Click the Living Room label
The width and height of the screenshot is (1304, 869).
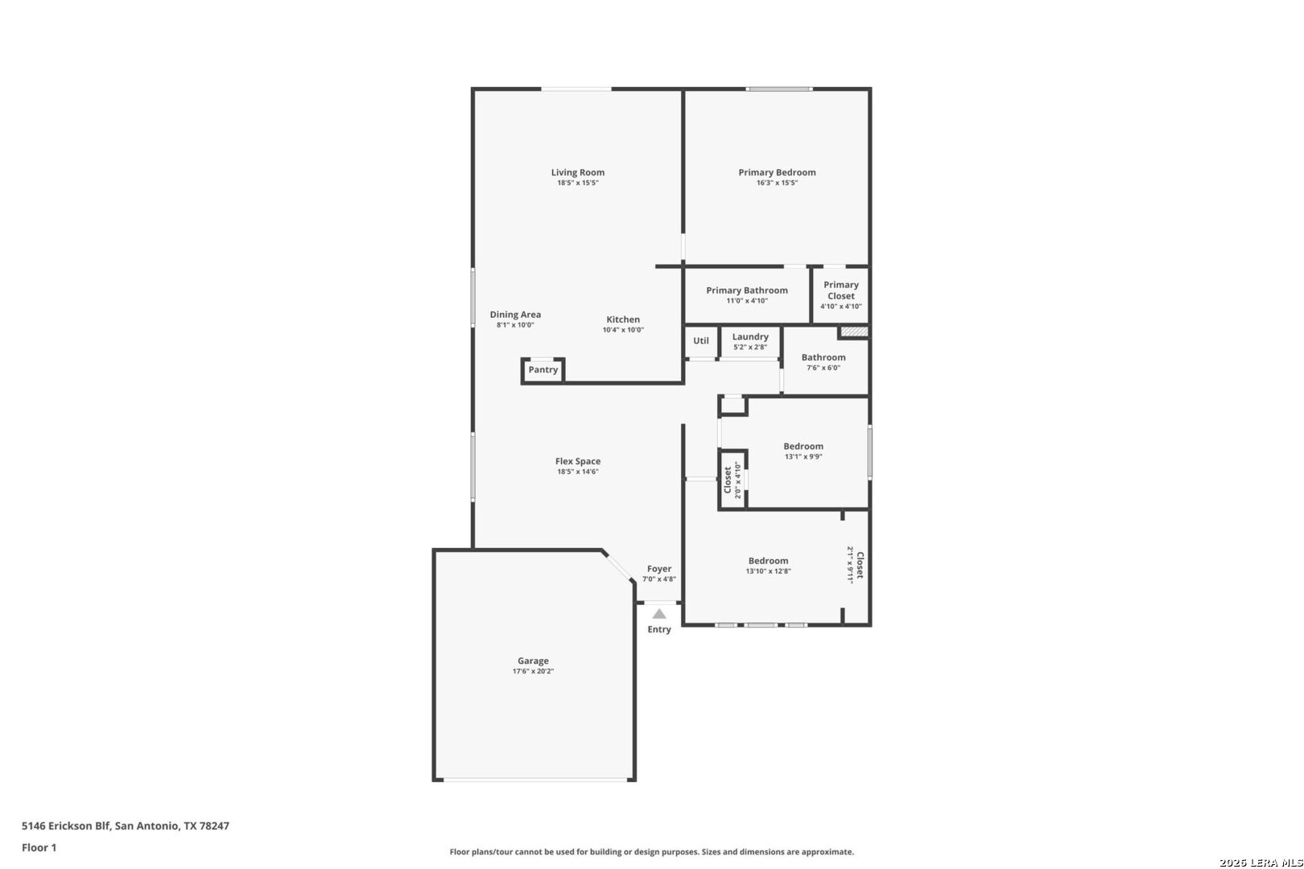(577, 172)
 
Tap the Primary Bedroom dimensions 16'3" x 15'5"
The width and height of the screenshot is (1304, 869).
(777, 183)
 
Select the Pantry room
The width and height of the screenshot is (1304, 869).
(543, 370)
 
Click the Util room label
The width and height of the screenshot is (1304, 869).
(701, 340)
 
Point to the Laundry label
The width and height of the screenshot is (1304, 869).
(750, 336)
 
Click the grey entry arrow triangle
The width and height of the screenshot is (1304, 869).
(659, 613)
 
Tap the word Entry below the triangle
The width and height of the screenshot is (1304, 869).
(659, 629)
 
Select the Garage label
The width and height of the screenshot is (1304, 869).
(533, 661)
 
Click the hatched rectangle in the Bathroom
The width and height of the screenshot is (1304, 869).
(854, 332)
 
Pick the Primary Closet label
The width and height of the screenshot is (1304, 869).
(840, 290)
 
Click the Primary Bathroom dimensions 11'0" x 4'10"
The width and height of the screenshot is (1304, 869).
(747, 301)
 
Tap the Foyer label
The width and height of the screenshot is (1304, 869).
(659, 569)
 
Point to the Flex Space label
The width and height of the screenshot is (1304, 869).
(577, 461)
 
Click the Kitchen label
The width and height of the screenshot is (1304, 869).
(623, 319)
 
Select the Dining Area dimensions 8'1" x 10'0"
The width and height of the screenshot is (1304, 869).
(515, 325)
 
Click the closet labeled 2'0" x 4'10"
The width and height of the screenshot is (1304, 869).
(732, 480)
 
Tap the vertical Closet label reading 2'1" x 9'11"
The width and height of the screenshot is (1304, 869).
(855, 565)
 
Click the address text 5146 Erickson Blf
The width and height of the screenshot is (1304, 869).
(66, 826)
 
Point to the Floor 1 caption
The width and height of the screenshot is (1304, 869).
(39, 847)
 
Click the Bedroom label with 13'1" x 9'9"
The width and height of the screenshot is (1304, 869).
(803, 447)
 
